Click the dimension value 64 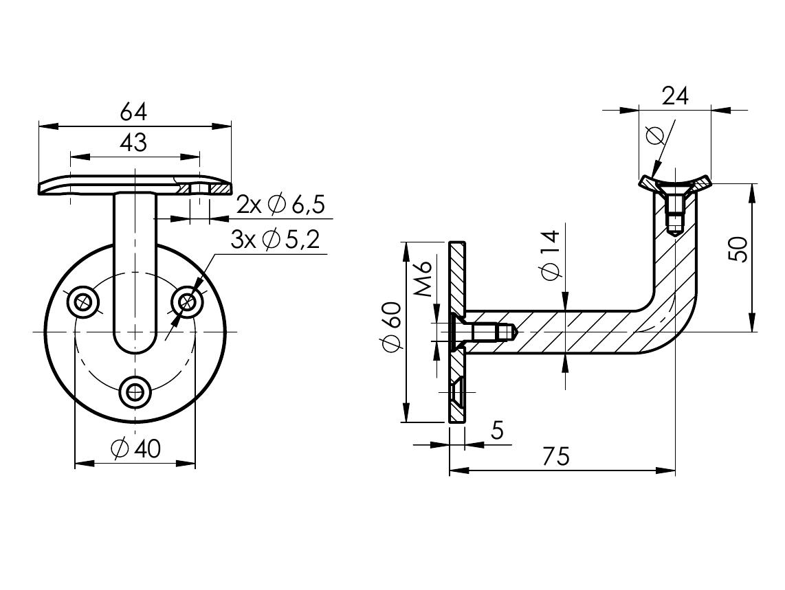133,111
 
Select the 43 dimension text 133,143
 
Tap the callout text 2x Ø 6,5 280,205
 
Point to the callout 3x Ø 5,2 274,240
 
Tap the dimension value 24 674,96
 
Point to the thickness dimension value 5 497,431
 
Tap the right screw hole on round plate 188,301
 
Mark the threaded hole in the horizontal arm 491,332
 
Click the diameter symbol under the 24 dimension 655,135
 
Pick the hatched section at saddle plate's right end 221,188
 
